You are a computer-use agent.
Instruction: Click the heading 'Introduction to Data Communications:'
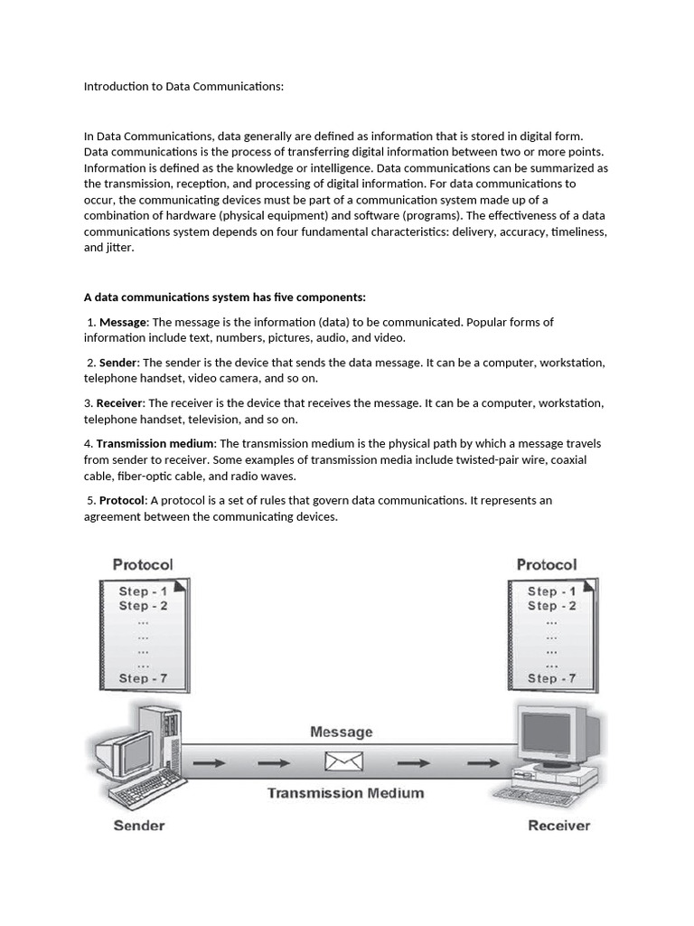point(183,87)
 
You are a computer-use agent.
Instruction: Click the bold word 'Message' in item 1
point(123,322)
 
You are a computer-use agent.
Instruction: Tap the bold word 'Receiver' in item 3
point(120,403)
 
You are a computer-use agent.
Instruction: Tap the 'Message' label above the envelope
point(341,732)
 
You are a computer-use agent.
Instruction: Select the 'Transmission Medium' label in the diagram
point(345,793)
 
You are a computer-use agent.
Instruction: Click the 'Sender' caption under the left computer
point(138,825)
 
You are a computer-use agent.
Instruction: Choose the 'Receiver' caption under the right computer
point(558,825)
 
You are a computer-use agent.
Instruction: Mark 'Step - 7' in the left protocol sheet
point(145,677)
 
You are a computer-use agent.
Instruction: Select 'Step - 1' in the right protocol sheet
point(551,591)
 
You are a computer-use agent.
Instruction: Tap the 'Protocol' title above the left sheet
point(143,564)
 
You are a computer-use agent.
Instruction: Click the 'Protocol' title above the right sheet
point(546,564)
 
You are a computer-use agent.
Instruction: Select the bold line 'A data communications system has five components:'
point(225,298)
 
